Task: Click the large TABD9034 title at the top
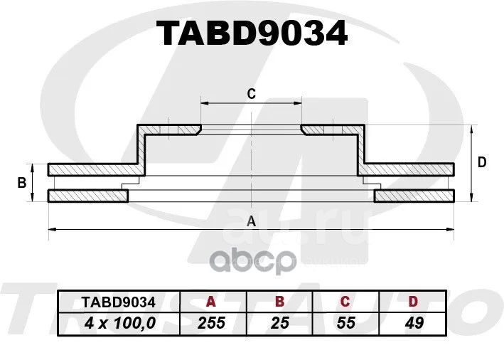point(252,33)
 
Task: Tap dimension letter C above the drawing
point(252,94)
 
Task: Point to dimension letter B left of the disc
point(21,183)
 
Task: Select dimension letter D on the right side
point(482,162)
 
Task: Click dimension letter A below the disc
point(251,221)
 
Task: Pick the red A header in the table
point(211,302)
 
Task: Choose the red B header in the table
point(279,302)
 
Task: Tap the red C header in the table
point(345,302)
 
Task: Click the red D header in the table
point(413,302)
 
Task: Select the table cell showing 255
point(211,323)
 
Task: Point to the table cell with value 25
point(279,323)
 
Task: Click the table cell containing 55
point(346,323)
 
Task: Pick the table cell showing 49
point(414,323)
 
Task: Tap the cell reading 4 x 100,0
point(120,323)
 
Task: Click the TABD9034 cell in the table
point(119,302)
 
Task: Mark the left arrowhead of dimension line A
point(51,229)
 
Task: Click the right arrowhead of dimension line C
point(299,103)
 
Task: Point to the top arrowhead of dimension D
point(471,129)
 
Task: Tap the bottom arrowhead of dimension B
point(32,198)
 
